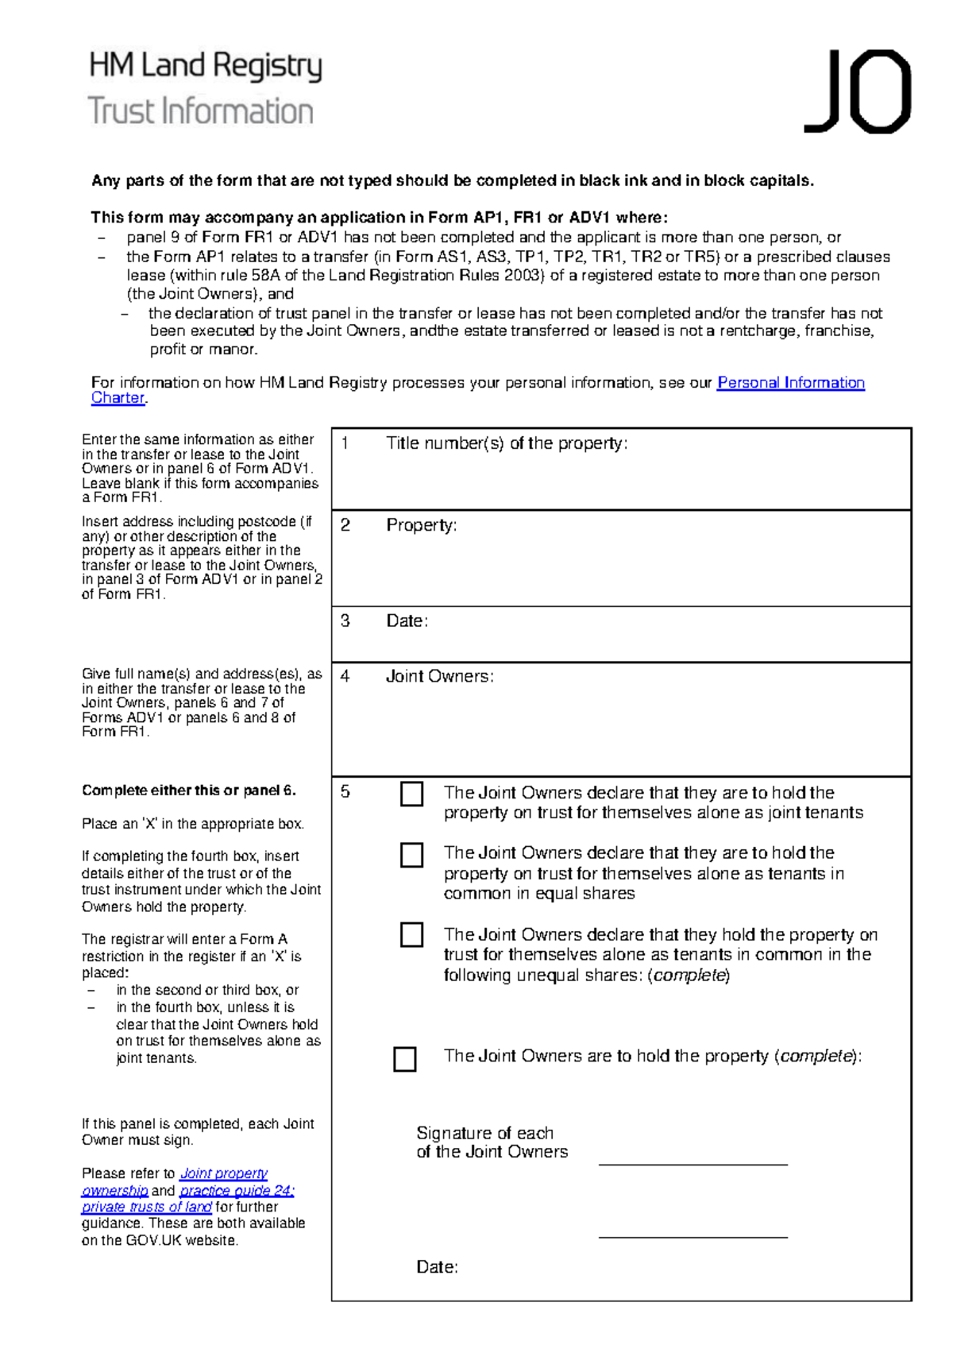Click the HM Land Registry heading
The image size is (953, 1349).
206,66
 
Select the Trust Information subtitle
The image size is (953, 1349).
201,111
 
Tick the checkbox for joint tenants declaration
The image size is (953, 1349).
411,794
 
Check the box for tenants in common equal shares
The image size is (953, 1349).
411,855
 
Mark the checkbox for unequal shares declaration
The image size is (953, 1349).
411,934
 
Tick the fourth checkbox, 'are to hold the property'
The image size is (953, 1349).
405,1058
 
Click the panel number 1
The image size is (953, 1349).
345,443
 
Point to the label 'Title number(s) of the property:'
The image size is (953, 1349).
507,443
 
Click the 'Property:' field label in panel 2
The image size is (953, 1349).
421,525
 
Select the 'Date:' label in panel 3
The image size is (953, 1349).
407,621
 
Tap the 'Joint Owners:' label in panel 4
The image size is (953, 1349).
439,676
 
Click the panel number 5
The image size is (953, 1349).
345,791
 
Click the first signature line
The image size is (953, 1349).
693,1163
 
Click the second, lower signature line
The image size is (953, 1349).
693,1236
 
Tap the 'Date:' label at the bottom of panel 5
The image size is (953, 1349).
437,1267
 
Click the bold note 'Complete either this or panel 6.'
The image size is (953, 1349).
189,790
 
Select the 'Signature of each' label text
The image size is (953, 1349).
484,1133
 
